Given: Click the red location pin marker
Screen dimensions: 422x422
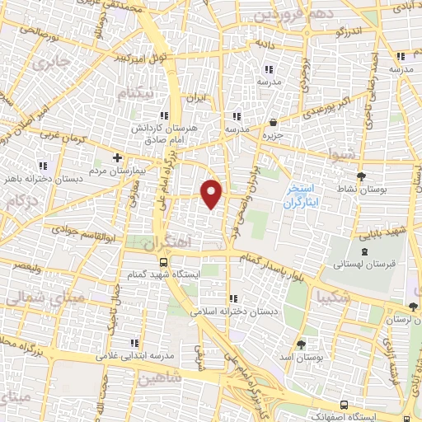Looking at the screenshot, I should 213,193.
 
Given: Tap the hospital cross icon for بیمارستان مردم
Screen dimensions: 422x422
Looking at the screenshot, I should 118,157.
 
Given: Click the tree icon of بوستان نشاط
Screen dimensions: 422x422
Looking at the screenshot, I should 360,176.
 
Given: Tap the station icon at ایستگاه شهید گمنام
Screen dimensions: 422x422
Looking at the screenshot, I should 163,263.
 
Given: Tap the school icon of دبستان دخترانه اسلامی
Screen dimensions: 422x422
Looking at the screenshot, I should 233,298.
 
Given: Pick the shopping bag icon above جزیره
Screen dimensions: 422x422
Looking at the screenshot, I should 272,121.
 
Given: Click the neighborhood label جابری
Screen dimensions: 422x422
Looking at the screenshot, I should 48,60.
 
